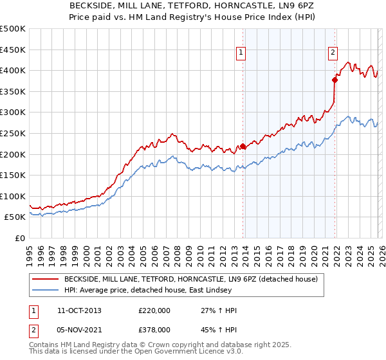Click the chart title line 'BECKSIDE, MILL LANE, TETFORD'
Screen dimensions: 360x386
(192, 6)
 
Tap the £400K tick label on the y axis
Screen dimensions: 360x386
(13, 70)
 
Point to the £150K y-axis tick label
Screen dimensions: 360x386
(13, 175)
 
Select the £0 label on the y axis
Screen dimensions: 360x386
(19, 238)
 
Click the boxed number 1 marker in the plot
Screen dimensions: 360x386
(241, 53)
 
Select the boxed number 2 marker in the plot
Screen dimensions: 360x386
(333, 53)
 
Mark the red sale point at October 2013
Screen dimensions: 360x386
(243, 146)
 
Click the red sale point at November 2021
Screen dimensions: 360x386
(335, 80)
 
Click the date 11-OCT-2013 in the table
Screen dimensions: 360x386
(79, 310)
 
